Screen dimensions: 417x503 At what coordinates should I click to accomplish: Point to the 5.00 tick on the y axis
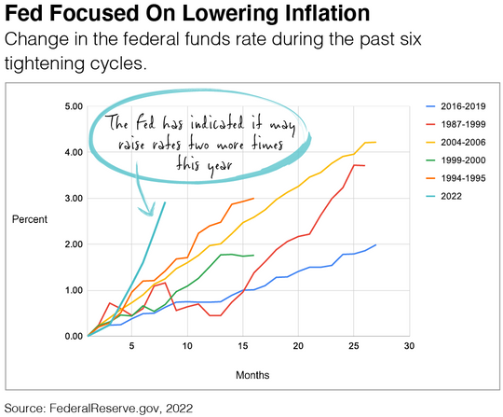(x=72, y=106)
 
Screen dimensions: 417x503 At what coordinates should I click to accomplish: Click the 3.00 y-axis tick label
(x=72, y=199)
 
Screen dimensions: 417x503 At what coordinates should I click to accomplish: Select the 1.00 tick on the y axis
(x=72, y=290)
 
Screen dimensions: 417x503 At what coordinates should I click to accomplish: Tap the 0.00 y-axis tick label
(x=72, y=336)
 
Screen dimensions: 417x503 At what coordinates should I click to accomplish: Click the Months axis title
(x=252, y=375)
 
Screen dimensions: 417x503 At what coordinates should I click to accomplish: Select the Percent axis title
(x=28, y=219)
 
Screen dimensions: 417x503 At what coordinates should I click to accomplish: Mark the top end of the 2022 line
(x=165, y=202)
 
